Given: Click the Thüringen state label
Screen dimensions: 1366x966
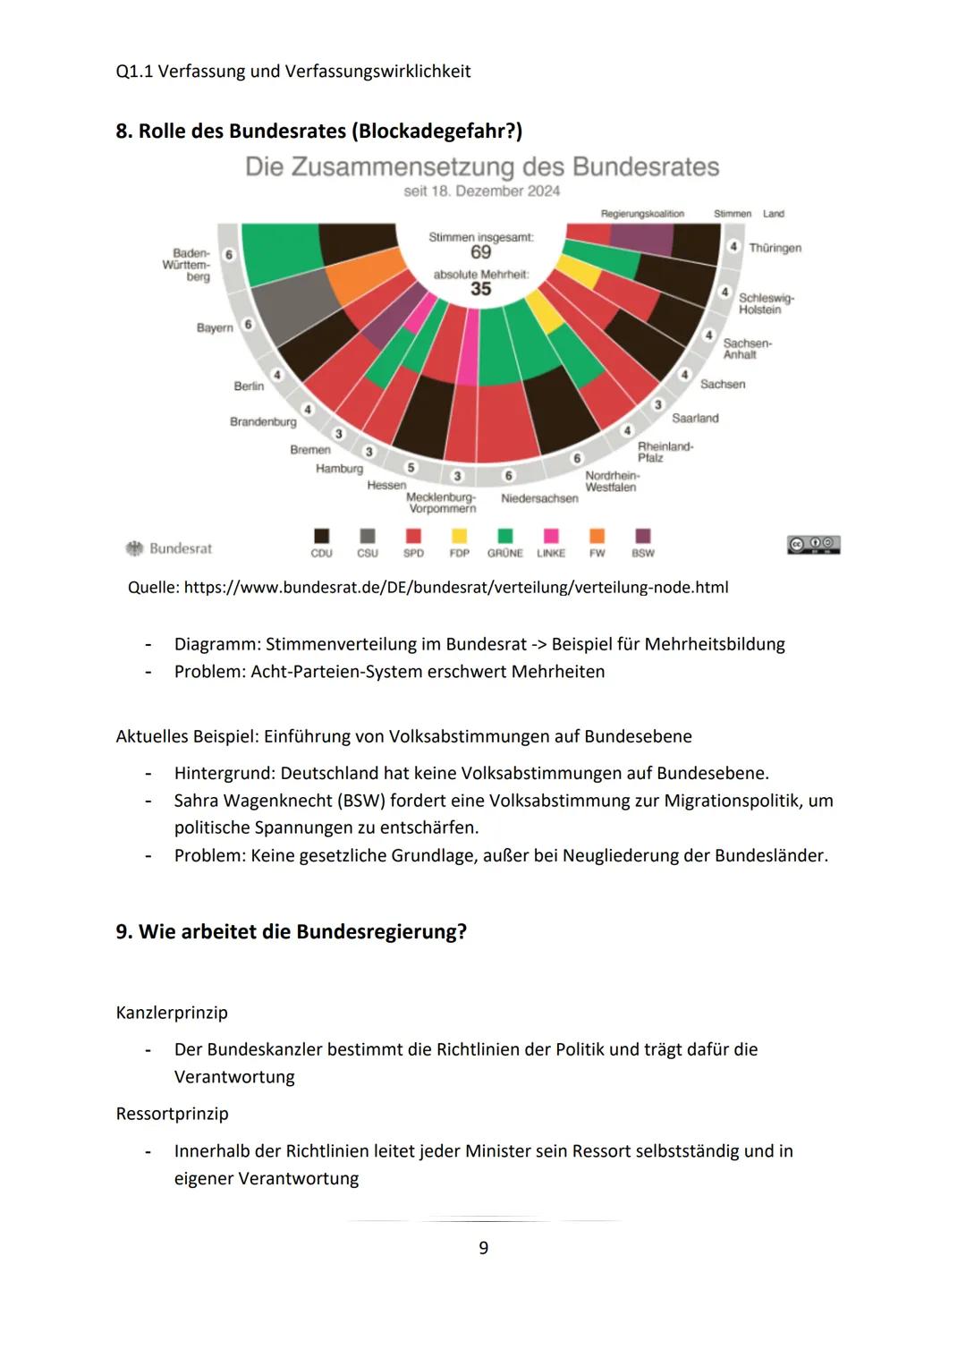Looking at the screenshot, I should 775,248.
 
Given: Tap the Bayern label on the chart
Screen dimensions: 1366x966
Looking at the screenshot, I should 215,327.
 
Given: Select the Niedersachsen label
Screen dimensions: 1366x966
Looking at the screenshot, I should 539,498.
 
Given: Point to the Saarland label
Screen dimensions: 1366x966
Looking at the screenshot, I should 695,418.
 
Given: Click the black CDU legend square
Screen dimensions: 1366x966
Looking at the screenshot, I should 321,536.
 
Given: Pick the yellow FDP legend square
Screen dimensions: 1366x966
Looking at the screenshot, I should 459,536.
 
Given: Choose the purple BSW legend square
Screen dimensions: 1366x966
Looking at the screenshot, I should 642,536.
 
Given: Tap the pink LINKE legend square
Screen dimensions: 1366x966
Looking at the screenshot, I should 551,536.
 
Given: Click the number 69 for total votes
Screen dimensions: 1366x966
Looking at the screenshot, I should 481,253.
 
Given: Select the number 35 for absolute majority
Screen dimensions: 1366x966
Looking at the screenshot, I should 481,289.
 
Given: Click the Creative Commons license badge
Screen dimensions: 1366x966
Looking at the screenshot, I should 813,545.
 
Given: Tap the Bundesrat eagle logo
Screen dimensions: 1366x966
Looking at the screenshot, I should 135,548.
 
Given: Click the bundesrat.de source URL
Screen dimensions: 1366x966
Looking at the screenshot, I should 456,588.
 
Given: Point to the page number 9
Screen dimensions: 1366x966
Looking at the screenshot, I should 483,1248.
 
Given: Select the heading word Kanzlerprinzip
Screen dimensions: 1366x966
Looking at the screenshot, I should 172,1013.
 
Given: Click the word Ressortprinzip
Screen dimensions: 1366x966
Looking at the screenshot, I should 172,1114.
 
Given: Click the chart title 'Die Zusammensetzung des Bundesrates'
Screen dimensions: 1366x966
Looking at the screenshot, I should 482,167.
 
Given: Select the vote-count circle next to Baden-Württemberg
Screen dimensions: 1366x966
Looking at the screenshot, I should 229,255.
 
